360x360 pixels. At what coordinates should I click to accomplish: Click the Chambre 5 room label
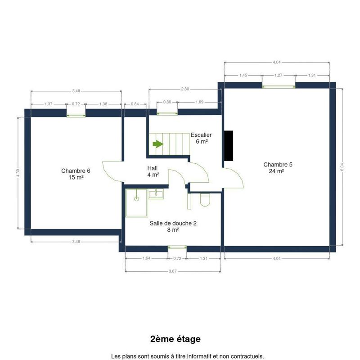click(x=278, y=168)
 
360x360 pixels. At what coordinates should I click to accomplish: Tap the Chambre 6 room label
click(x=76, y=174)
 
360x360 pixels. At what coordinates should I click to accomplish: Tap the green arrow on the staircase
click(x=158, y=144)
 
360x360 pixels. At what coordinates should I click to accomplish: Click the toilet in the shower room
click(x=205, y=199)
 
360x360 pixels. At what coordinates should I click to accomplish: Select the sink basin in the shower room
click(x=156, y=194)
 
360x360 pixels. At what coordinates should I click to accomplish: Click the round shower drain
click(x=136, y=198)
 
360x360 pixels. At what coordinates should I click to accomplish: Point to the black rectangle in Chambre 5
click(x=229, y=146)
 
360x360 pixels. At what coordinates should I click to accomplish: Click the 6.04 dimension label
click(x=342, y=167)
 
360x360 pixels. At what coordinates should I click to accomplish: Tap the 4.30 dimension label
click(x=18, y=173)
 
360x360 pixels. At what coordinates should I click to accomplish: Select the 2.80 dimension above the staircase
click(x=185, y=89)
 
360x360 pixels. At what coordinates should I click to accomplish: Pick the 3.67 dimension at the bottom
click(x=173, y=271)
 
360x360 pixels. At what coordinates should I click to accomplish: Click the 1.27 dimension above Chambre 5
click(x=278, y=75)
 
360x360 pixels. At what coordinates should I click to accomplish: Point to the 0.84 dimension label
click(x=135, y=104)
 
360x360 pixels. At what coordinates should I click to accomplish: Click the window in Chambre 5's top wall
click(x=279, y=86)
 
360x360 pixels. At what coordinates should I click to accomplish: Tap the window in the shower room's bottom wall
click(x=177, y=247)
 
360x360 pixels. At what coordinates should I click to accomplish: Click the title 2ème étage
click(x=175, y=339)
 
